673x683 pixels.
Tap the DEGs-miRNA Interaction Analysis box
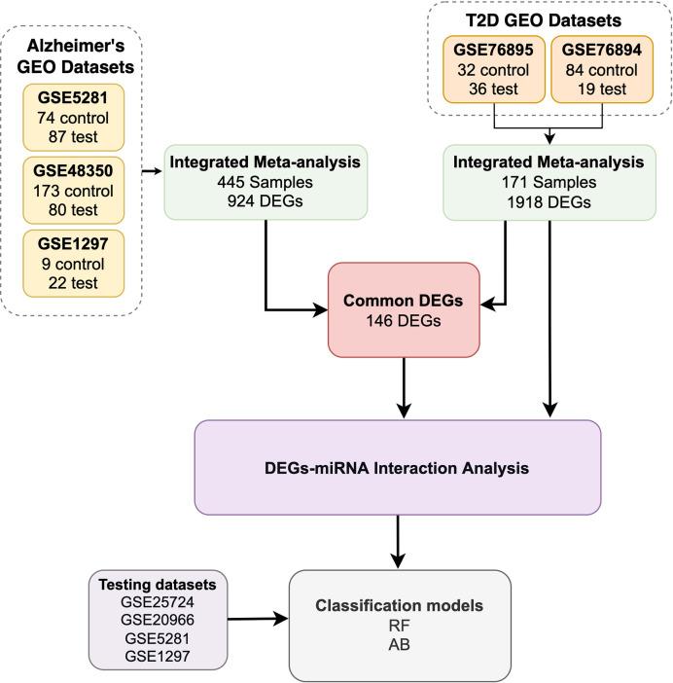point(398,468)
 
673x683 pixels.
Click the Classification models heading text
point(400,605)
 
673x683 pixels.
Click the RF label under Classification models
point(400,625)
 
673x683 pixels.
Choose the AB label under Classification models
point(400,644)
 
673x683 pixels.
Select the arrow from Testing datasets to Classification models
point(258,617)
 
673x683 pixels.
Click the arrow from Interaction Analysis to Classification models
point(399,542)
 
